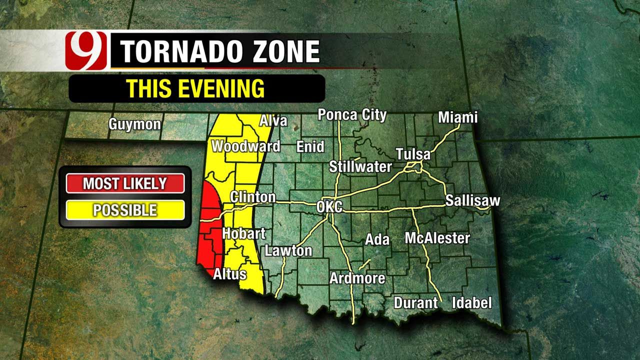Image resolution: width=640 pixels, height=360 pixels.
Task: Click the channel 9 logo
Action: coord(86,51)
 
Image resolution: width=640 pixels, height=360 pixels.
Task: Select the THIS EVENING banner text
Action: coord(195,88)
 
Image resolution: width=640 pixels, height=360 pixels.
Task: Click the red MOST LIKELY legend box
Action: coord(125,183)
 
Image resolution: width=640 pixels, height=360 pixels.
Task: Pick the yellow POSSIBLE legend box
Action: coord(125,210)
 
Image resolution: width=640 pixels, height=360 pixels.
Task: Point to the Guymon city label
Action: coord(135,124)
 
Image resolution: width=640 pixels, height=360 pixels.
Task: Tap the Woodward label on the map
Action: coord(245,146)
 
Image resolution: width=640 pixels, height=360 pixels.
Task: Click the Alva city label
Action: coord(273,120)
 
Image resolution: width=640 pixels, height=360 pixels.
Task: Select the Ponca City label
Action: coord(352,115)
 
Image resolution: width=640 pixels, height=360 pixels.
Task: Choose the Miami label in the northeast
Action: coord(457,117)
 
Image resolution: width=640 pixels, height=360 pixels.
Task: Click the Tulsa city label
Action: coord(413,154)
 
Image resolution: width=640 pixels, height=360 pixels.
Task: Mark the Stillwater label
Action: coord(360,166)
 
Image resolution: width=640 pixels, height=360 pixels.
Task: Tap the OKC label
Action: coord(329,206)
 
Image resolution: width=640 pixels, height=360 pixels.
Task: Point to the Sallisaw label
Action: coord(472,201)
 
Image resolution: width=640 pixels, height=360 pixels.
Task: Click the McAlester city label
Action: coord(437,238)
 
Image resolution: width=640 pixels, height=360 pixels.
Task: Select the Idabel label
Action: coord(471,302)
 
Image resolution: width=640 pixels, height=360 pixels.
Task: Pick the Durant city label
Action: coord(415,303)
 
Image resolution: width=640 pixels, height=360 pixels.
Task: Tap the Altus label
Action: coord(229,274)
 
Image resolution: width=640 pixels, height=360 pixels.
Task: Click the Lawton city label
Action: coord(288,250)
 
